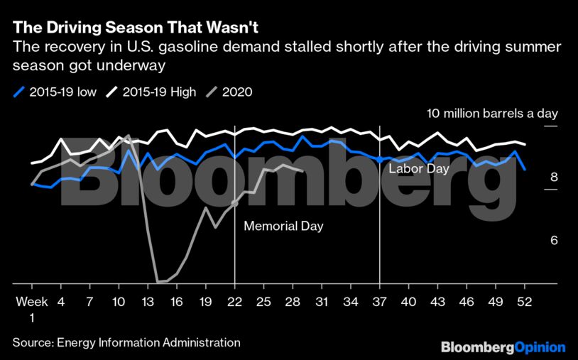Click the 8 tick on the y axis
pyautogui.click(x=554, y=178)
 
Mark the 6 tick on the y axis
pyautogui.click(x=554, y=241)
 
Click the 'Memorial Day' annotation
pyautogui.click(x=283, y=227)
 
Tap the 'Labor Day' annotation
pyautogui.click(x=418, y=169)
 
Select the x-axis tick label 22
pyautogui.click(x=234, y=302)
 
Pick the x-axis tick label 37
pyautogui.click(x=380, y=302)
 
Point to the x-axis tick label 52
pyautogui.click(x=525, y=302)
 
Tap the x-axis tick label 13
pyautogui.click(x=148, y=302)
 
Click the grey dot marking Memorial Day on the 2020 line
pyautogui.click(x=234, y=204)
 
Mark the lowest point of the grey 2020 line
pyautogui.click(x=158, y=282)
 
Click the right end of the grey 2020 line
pyautogui.click(x=303, y=170)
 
